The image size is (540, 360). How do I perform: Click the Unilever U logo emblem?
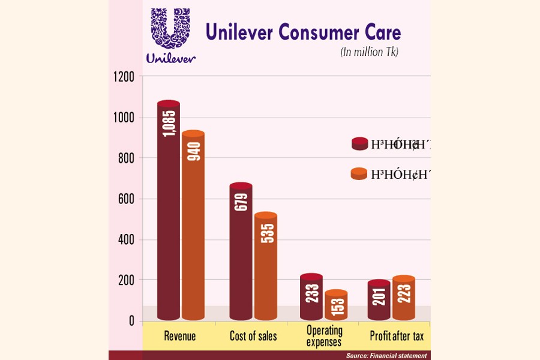click(x=170, y=30)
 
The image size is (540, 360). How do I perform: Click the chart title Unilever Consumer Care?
click(x=303, y=32)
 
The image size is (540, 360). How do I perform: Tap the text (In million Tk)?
click(x=369, y=52)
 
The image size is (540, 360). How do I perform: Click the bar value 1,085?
click(x=169, y=122)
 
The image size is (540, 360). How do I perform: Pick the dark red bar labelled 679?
click(x=241, y=252)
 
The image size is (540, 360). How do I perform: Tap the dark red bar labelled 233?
click(x=311, y=297)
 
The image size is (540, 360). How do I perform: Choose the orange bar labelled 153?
click(x=337, y=305)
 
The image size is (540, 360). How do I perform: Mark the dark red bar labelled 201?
click(x=379, y=300)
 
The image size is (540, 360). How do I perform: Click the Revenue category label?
click(x=180, y=337)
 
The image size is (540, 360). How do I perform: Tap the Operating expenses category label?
click(x=325, y=336)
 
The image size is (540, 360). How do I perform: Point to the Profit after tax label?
click(x=393, y=337)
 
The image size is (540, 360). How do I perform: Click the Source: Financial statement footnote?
click(x=386, y=356)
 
